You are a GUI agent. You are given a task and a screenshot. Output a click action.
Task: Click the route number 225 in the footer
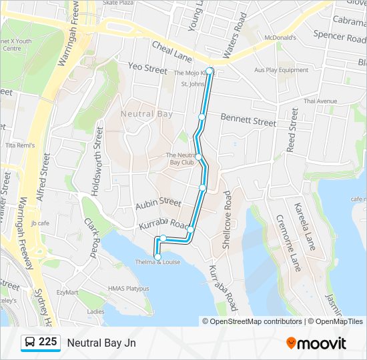click(x=47, y=342)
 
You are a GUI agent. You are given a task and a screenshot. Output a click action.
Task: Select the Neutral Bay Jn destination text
click(x=101, y=343)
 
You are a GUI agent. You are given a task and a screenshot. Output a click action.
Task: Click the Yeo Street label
click(x=147, y=69)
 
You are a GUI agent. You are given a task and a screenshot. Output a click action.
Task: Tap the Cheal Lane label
click(x=171, y=51)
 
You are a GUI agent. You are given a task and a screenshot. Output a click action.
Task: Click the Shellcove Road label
click(x=227, y=220)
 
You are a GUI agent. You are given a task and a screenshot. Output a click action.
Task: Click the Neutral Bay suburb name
click(x=147, y=114)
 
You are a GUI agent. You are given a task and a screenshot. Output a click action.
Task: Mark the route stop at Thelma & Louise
click(x=158, y=257)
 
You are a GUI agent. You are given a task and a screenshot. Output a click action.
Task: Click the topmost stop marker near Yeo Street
click(x=210, y=71)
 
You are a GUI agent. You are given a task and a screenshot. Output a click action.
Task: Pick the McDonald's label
click(x=280, y=38)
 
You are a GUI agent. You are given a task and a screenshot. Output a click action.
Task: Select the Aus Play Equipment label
click(x=281, y=70)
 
